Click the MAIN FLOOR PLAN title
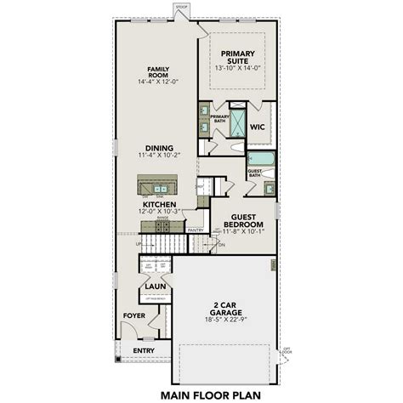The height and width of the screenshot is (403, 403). click(x=201, y=394)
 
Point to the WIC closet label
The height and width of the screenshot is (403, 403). click(x=259, y=127)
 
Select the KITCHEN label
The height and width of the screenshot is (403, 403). click(x=158, y=204)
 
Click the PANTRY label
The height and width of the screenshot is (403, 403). click(x=196, y=230)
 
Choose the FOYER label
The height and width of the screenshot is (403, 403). click(x=133, y=315)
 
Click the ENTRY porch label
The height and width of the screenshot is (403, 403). click(x=143, y=349)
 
